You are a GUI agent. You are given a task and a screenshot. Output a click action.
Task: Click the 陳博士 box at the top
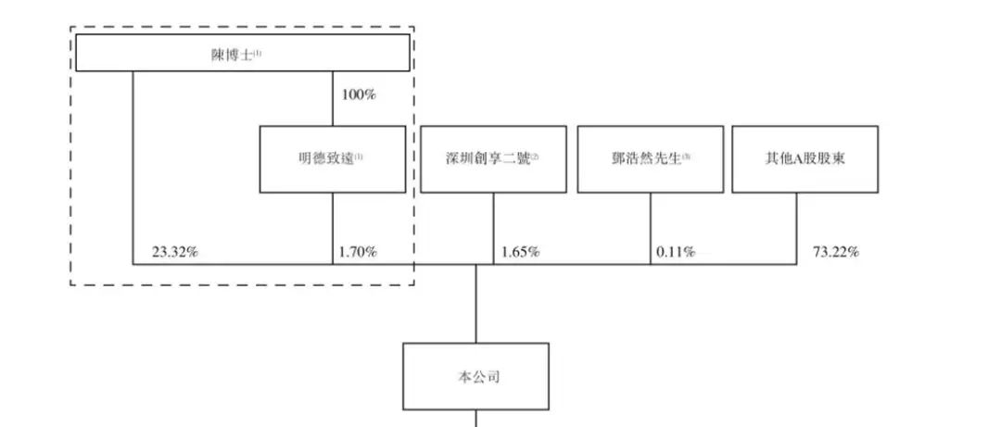click(x=242, y=54)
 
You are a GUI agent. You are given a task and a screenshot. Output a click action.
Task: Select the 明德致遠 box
click(x=332, y=159)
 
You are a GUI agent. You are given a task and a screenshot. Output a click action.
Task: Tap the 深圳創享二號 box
click(x=493, y=159)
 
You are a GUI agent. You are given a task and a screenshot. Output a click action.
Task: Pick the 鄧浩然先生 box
click(x=650, y=159)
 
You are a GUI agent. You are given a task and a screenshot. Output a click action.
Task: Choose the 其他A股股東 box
click(x=805, y=159)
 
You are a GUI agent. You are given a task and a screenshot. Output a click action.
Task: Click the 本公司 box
click(x=475, y=377)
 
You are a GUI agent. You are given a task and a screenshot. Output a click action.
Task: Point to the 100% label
click(x=359, y=94)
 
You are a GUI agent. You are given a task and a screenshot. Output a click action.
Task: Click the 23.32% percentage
click(x=175, y=251)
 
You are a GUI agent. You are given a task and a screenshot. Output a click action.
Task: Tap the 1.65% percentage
click(x=520, y=251)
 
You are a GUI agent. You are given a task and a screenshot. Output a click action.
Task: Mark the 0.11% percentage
click(x=676, y=251)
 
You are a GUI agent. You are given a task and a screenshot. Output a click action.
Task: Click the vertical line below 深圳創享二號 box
click(x=493, y=227)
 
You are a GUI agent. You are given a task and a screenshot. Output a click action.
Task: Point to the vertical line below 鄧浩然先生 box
click(x=650, y=227)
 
